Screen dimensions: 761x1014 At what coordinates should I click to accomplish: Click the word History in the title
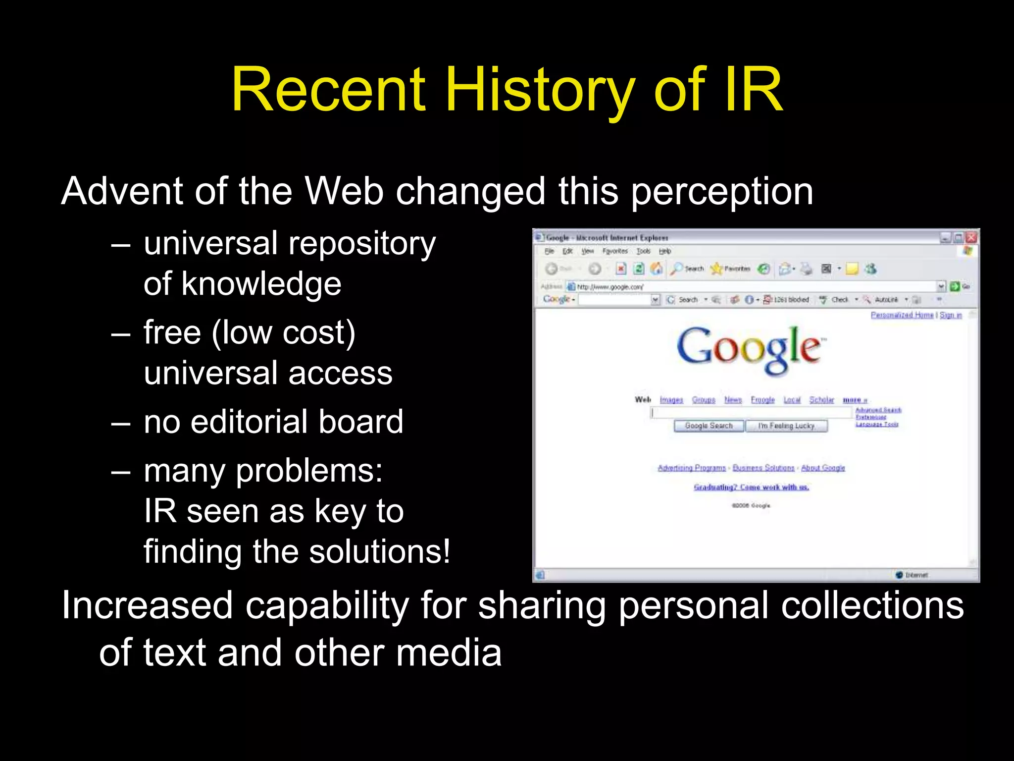click(540, 91)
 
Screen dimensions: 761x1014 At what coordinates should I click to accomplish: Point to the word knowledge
click(261, 284)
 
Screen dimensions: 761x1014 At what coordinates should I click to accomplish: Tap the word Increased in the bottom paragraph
click(147, 606)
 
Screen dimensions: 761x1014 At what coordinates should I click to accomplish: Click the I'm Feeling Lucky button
click(786, 426)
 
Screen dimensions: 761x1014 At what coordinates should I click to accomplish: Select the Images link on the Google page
click(671, 400)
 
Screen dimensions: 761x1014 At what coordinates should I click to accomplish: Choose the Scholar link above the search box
click(821, 400)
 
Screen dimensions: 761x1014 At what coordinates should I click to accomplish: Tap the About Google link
click(823, 468)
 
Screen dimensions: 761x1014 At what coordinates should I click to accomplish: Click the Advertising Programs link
click(692, 468)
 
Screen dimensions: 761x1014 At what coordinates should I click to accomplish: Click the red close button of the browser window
click(971, 237)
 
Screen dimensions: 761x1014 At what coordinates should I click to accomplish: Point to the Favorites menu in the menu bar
click(615, 251)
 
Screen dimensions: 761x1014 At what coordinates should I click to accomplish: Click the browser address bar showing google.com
click(753, 287)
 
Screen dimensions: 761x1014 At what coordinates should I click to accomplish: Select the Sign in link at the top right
click(951, 315)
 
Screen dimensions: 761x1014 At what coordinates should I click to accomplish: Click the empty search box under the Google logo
click(752, 413)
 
